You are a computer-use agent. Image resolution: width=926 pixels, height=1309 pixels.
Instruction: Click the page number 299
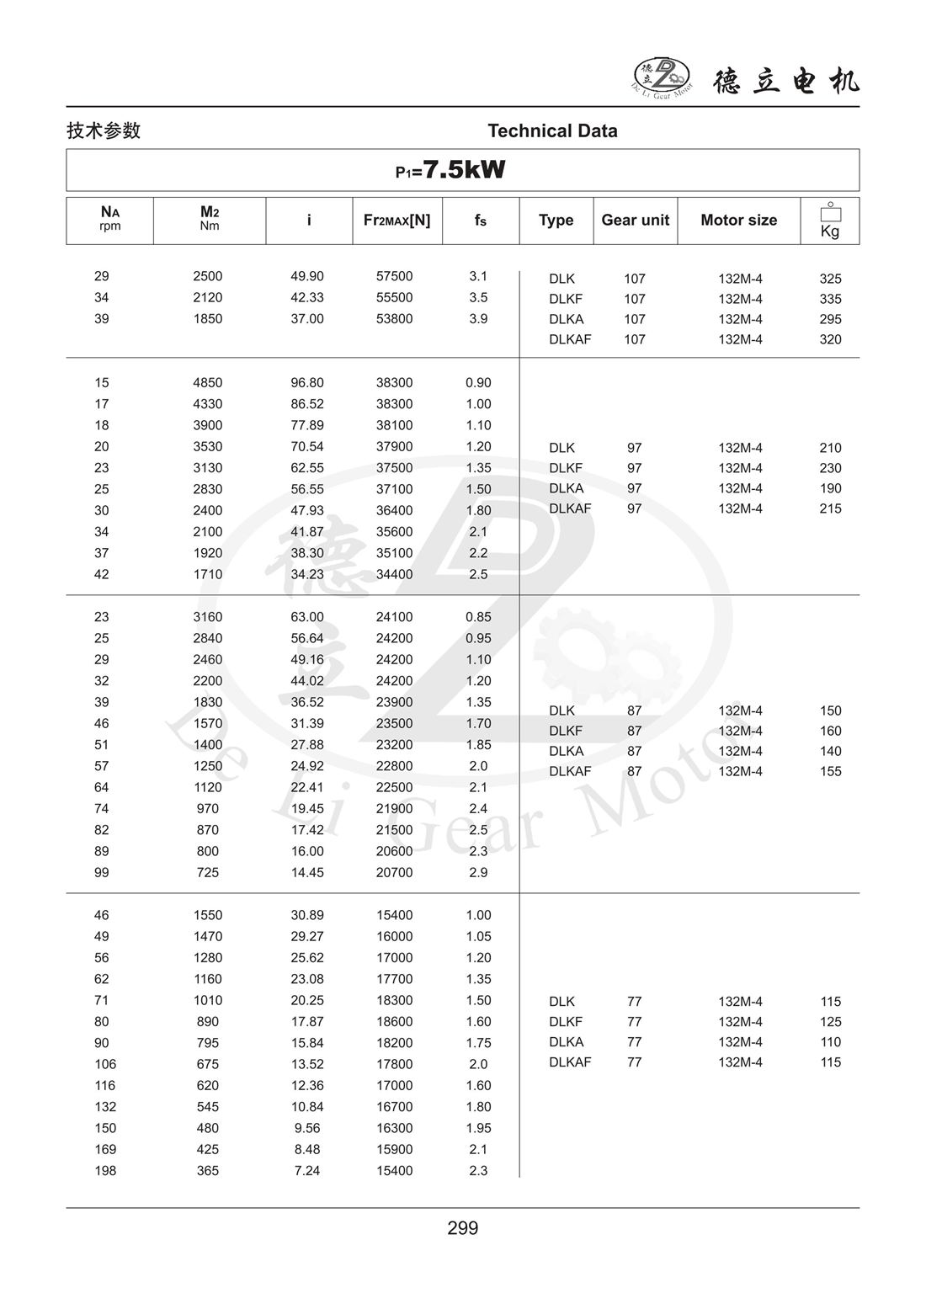tap(463, 1228)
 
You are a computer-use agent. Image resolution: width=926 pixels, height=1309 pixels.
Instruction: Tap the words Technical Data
tap(552, 130)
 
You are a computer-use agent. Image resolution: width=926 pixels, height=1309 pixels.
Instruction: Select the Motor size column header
tap(738, 220)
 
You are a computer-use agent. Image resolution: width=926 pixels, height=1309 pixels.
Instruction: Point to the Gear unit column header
tap(635, 220)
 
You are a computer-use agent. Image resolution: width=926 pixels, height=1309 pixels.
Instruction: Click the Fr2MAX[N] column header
tap(396, 220)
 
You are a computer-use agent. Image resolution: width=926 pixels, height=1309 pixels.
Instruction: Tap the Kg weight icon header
tap(830, 221)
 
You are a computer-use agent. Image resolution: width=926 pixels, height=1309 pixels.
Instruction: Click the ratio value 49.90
tap(307, 276)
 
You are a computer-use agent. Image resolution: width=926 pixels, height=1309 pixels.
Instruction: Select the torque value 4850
tap(208, 382)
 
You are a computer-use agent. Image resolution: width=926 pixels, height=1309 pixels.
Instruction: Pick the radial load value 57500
tap(394, 276)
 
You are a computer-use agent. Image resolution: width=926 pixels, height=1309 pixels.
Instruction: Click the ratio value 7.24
tap(307, 1170)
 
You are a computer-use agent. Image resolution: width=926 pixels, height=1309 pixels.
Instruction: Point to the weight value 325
tap(830, 279)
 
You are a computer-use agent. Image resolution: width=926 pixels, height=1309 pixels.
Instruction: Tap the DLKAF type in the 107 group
tap(570, 339)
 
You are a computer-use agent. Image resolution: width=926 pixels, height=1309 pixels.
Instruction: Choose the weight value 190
tap(830, 488)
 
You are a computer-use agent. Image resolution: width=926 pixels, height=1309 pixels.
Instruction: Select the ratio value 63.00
tap(307, 617)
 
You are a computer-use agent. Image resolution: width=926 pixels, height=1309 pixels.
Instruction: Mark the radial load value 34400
tap(394, 574)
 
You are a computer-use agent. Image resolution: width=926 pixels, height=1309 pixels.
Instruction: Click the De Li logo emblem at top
tap(662, 77)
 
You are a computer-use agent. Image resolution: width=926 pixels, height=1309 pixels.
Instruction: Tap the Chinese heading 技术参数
tap(104, 130)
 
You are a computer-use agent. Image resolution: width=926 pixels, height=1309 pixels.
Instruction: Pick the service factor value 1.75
tap(478, 1042)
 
